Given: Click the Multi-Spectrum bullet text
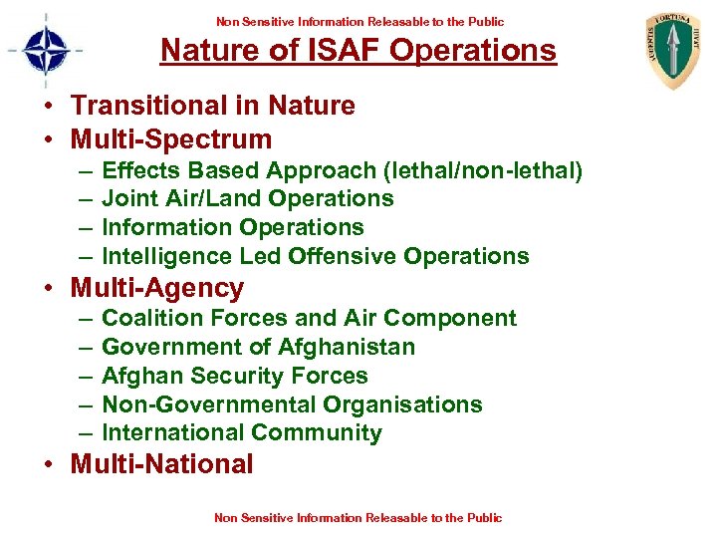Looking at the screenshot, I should point(170,138).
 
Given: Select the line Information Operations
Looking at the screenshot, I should point(233,227).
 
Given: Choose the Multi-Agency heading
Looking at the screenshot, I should point(156,289).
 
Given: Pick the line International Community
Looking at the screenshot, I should point(242,433).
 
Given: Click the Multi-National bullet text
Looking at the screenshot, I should point(161,464).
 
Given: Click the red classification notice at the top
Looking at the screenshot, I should point(358,21).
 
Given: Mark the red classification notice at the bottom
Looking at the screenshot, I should point(358,517).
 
